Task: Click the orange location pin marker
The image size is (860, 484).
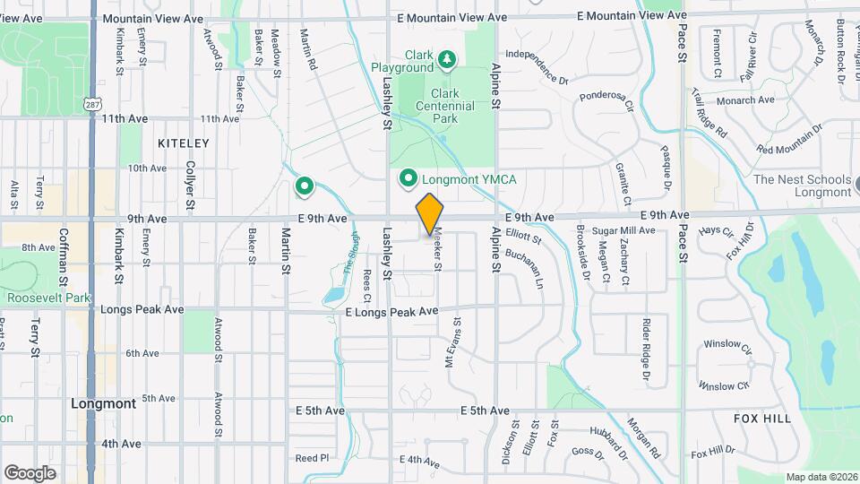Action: [x=430, y=214]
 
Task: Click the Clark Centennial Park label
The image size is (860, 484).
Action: [x=444, y=106]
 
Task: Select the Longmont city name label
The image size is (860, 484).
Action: [x=103, y=403]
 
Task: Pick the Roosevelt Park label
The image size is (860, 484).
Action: [x=47, y=298]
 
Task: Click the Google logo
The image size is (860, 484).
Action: [x=30, y=472]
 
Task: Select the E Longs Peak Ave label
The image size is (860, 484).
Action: [x=392, y=311]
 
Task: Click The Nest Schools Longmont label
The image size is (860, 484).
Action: [x=802, y=186]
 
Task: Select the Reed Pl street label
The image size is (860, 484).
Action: [x=312, y=457]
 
